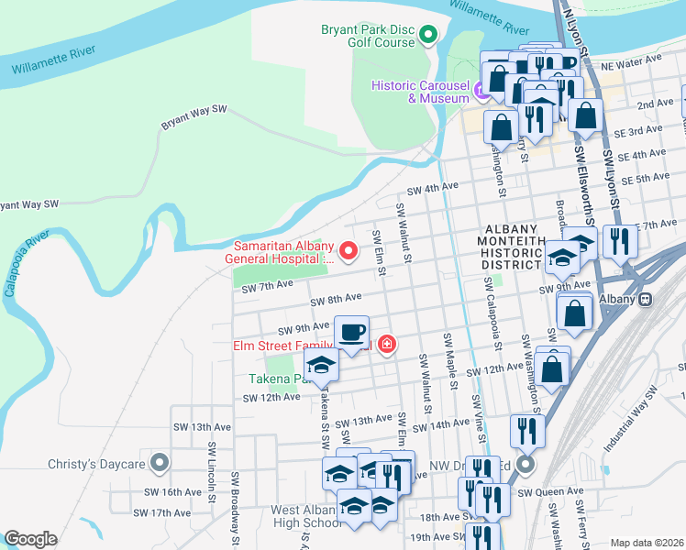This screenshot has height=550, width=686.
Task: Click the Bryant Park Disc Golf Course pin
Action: coord(427,36)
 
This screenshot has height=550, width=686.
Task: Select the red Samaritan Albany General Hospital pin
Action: coord(348,249)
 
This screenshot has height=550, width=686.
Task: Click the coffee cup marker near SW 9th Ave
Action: coord(350,333)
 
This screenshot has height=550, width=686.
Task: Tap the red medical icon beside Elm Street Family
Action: coord(386,345)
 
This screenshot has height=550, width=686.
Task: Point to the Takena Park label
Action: coord(272,379)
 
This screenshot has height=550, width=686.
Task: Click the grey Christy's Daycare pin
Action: coord(160,464)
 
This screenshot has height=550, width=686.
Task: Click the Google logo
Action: coord(29,539)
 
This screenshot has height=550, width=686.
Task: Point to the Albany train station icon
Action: coord(645,299)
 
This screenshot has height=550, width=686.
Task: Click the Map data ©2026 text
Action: coord(646,543)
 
